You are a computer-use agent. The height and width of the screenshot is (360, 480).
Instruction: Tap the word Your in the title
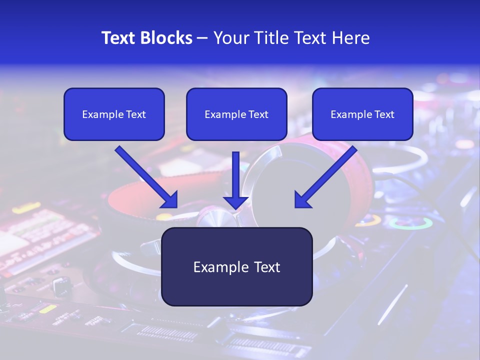coord(231,38)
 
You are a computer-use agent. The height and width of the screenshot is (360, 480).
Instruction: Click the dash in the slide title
coord(202,38)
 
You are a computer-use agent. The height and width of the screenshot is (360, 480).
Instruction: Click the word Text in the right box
coord(384,114)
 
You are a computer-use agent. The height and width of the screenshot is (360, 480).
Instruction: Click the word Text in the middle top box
coord(258,114)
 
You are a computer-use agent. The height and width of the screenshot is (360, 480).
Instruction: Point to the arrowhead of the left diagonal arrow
coord(170,200)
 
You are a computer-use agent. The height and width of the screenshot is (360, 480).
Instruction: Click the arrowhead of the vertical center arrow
coord(235,202)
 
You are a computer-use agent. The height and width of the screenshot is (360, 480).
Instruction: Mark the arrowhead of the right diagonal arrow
coord(303,200)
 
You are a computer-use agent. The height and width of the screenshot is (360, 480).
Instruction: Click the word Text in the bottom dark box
coord(267,267)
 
